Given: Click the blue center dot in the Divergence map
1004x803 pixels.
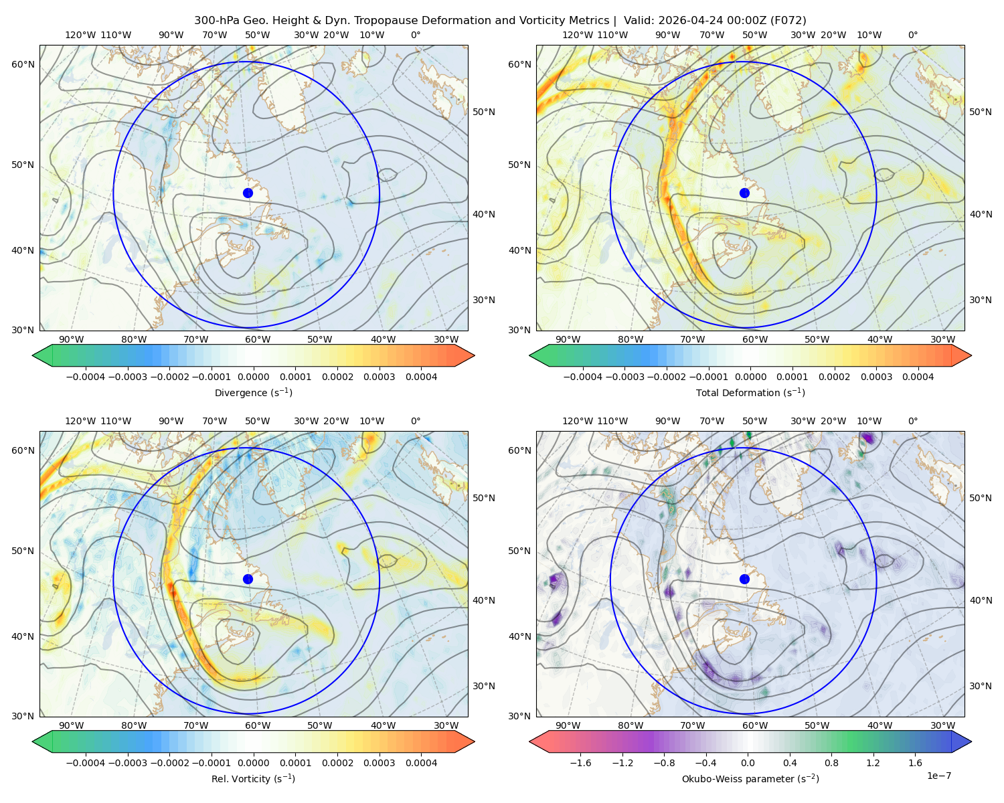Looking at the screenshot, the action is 248,193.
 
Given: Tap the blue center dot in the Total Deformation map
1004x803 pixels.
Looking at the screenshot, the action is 744,193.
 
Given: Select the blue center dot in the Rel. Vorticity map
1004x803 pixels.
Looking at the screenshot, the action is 248,579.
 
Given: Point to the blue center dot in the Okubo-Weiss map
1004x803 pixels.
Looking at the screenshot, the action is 744,579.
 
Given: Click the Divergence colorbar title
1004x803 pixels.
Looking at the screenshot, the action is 253,392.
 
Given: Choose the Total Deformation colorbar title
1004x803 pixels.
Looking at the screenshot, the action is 750,392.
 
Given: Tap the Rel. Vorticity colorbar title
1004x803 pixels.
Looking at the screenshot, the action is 253,778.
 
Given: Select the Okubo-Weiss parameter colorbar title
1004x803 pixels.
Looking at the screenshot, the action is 750,778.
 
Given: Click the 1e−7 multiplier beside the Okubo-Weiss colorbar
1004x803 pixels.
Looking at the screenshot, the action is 938,776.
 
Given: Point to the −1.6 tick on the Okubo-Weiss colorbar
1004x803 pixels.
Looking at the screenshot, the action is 580,762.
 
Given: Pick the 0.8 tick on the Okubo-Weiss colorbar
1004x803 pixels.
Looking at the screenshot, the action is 831,762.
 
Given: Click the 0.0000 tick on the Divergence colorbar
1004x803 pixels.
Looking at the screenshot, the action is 253,377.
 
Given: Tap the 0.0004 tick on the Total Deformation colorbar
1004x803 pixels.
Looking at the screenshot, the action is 918,377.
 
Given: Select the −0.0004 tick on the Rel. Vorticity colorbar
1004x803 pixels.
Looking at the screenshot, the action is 86,762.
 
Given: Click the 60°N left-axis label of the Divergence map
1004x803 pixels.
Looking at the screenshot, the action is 23,64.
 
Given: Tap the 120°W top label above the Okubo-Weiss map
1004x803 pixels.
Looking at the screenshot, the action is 578,421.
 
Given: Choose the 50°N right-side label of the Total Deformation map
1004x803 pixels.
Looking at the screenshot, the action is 981,112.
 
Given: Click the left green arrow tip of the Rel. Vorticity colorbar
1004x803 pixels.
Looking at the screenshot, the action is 33,741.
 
